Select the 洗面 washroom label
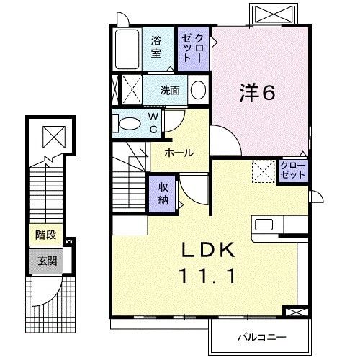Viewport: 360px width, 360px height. tap(170, 90)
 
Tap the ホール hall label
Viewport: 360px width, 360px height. tap(178, 153)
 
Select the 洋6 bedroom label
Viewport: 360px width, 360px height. tap(257, 93)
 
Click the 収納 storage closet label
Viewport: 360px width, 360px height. tap(163, 192)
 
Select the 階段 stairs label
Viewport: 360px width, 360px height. tap(45, 235)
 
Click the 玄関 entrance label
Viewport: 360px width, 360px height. tap(45, 260)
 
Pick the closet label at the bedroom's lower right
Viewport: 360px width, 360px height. tap(294, 171)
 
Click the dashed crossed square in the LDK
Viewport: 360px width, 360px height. tap(262, 171)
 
